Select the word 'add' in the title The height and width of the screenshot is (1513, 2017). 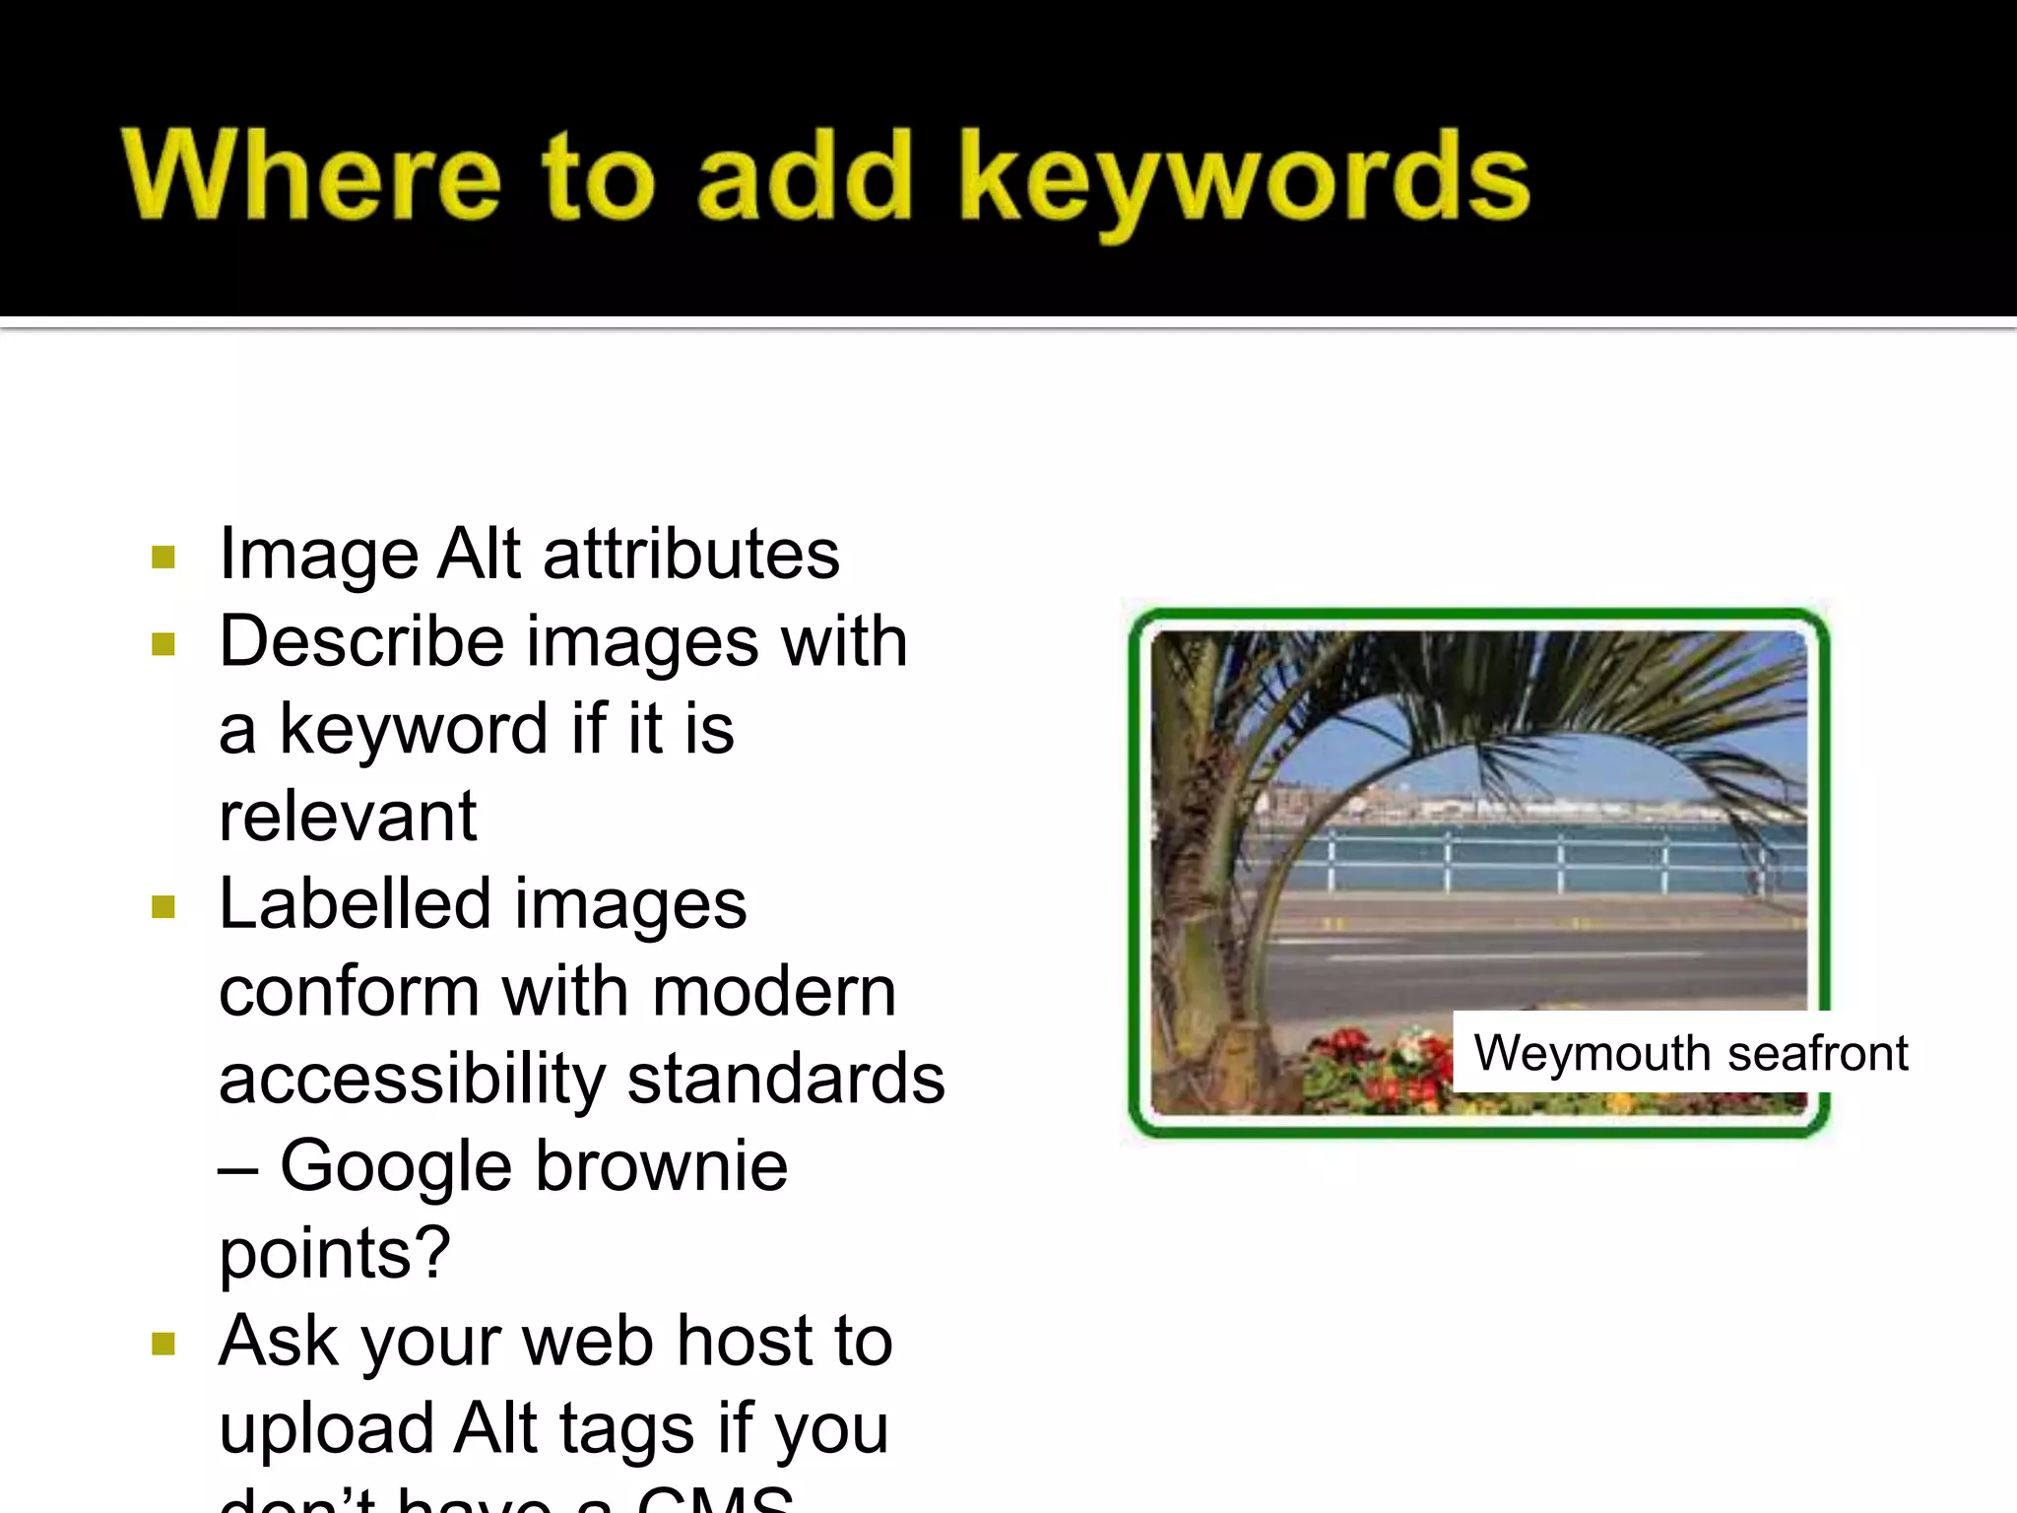coord(804,176)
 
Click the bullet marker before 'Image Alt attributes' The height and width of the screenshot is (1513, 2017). coord(163,558)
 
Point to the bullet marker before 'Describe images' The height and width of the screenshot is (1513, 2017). coord(163,645)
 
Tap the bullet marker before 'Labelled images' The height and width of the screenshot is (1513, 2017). coord(163,907)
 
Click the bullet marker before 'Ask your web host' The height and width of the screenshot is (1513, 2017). coord(163,1345)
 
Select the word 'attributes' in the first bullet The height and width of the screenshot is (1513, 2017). coord(691,554)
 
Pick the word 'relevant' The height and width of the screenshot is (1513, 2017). coord(348,817)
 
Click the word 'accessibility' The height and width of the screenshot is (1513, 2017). coord(412,1079)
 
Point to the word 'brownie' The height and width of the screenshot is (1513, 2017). coord(662,1166)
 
